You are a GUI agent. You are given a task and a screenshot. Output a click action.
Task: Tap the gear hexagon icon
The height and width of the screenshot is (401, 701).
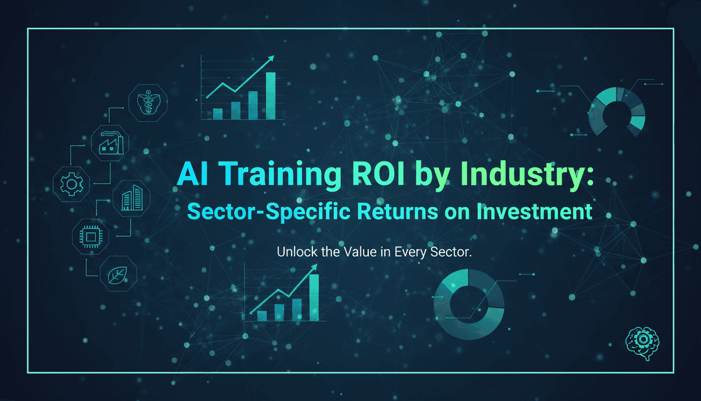coord(71,183)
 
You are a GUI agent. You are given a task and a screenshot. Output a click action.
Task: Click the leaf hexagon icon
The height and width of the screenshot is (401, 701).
coord(118,273)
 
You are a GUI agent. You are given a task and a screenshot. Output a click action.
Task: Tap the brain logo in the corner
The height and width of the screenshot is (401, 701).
coord(642,343)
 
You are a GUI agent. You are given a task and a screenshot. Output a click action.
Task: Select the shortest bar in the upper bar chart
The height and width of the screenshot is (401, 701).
coord(218,114)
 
